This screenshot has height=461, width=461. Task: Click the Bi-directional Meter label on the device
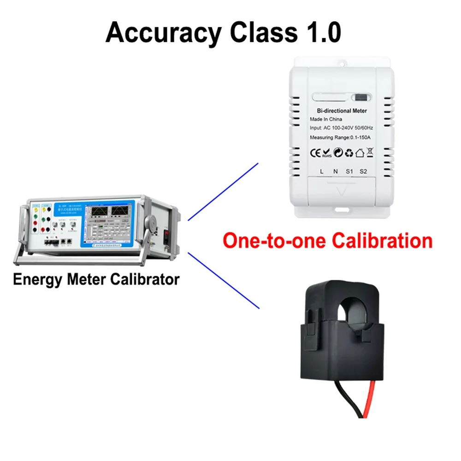coord(342,111)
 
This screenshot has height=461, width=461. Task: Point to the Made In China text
coord(325,119)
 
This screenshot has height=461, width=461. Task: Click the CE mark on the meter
coord(314,152)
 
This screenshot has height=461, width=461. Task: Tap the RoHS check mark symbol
coord(326,153)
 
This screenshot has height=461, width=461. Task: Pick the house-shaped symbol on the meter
coord(360,152)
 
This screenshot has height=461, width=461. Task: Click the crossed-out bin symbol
coord(370,152)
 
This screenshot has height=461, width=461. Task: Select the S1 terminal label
coord(349,171)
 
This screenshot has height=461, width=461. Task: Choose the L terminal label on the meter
coord(322,171)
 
